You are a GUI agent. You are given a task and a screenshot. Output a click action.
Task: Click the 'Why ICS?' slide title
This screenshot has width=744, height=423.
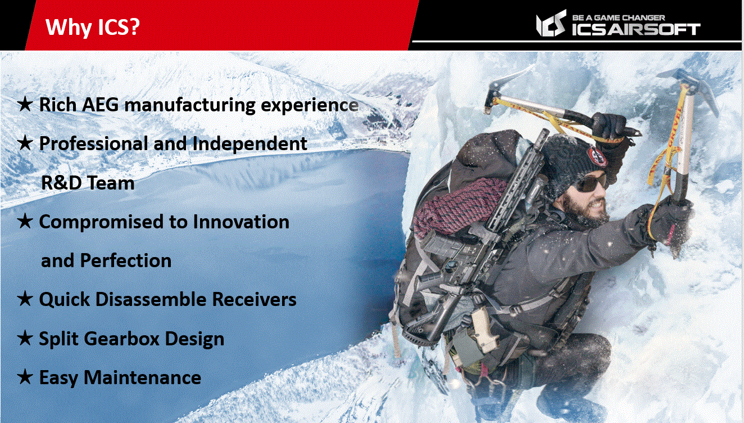92,27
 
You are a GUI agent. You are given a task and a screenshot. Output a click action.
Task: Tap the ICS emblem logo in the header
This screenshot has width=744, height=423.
551,23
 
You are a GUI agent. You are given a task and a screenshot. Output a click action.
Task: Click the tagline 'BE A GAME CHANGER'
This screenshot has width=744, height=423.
619,17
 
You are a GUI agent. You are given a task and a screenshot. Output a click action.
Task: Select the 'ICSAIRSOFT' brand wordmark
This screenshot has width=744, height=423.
636,29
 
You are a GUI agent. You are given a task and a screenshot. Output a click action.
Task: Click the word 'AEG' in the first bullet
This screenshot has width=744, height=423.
101,105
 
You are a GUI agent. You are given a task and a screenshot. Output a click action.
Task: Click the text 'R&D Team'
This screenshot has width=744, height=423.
88,183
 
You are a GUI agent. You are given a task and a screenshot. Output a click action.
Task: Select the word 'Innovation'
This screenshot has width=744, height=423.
241,222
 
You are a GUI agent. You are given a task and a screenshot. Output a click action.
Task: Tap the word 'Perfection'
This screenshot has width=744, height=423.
126,260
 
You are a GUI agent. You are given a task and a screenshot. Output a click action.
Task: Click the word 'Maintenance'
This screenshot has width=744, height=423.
142,377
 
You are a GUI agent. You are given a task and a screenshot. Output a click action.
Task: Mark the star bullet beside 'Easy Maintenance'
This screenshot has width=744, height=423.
25,377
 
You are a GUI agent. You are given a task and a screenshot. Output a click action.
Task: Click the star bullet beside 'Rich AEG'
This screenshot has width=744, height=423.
25,104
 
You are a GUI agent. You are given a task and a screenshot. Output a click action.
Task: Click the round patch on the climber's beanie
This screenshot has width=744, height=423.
597,156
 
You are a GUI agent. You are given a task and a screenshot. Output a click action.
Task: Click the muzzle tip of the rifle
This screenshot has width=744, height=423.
544,132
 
